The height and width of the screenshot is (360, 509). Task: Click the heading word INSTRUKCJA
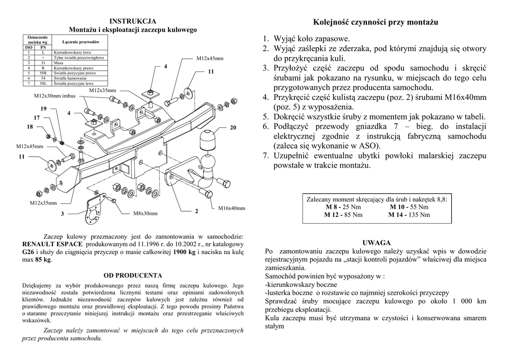(133, 21)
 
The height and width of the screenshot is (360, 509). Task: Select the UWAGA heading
(376, 243)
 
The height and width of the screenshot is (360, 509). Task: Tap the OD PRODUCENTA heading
(133, 274)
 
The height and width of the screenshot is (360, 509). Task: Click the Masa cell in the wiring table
(59, 63)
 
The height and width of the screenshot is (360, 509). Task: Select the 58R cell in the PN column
(43, 73)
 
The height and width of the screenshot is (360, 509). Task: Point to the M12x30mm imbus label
(55, 96)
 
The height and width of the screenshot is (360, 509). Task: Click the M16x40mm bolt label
(232, 208)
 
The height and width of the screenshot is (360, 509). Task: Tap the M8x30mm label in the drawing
(145, 214)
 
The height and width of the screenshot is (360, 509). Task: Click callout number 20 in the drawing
(233, 128)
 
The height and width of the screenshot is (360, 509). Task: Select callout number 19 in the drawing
(43, 108)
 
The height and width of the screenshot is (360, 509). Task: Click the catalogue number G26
(28, 252)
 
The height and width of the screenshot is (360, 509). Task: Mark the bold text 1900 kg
(184, 252)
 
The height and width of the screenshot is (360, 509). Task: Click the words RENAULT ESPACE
(54, 245)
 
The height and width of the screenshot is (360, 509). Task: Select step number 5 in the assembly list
(266, 117)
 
